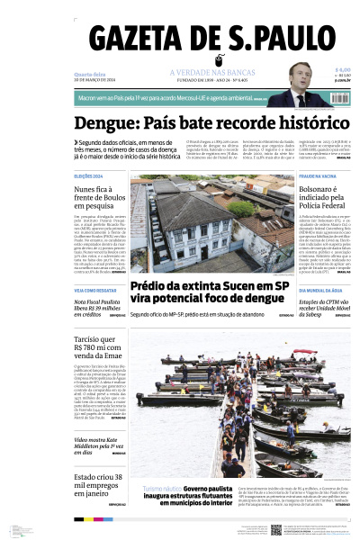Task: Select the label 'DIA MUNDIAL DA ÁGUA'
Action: (319, 290)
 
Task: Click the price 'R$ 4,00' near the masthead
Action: (342, 69)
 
